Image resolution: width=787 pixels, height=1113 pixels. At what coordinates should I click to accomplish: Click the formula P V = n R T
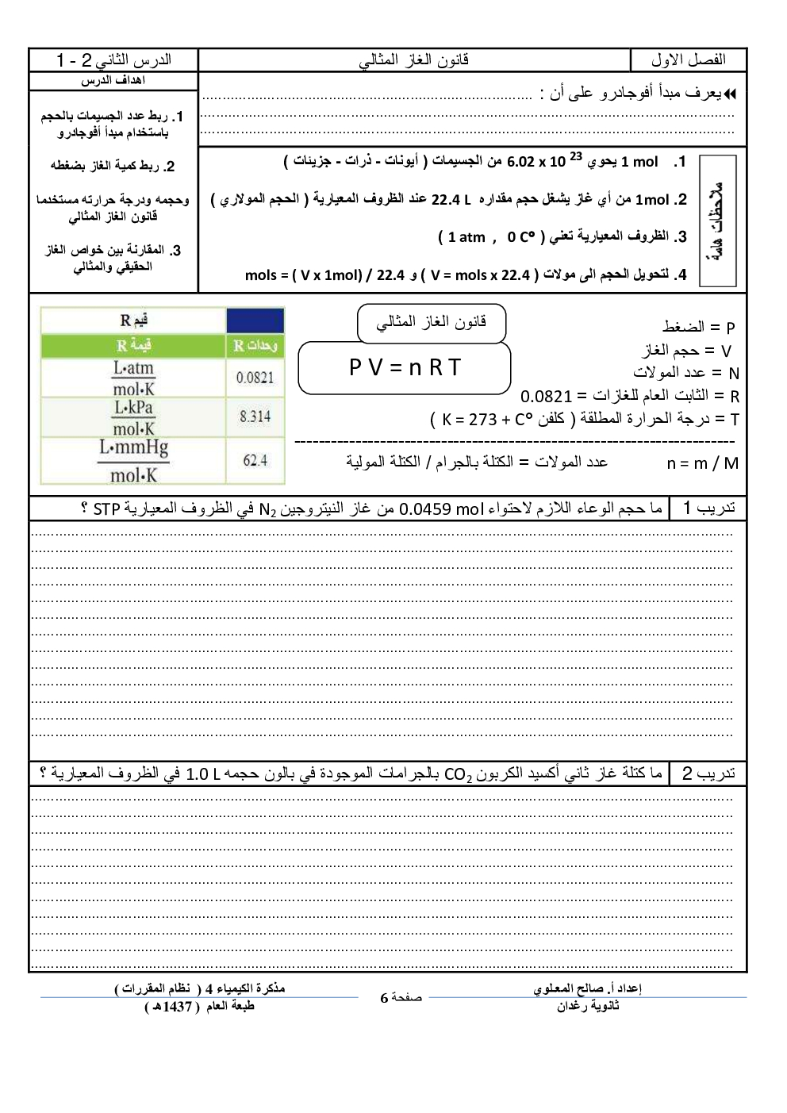405,368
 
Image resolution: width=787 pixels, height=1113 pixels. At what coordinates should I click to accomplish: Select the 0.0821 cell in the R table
255,378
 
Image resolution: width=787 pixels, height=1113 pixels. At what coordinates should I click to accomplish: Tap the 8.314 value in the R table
255,416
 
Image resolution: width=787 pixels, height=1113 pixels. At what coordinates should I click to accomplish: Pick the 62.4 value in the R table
255,460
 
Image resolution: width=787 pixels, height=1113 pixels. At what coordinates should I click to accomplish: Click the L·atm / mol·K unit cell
133,378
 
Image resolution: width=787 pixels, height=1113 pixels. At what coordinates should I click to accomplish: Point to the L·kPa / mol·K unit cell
133,417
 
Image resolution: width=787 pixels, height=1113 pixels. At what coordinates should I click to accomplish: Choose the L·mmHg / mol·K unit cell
133,461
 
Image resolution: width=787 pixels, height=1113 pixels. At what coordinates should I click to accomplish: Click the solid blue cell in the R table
255,320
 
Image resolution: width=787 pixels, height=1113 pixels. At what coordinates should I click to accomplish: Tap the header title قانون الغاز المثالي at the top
414,60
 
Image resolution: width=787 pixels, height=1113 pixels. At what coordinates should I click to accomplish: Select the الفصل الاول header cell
688,60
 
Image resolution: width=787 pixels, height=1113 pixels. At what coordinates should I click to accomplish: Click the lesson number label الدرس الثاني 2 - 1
113,60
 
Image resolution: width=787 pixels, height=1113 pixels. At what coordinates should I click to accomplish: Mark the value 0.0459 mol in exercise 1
437,509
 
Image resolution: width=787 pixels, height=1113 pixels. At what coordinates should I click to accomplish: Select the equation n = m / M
702,463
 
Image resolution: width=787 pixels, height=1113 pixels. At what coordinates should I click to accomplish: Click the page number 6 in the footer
385,998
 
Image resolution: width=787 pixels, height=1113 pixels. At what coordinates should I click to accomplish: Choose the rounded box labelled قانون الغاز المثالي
431,322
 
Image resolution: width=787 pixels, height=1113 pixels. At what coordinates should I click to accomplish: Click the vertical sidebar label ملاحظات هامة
718,221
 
